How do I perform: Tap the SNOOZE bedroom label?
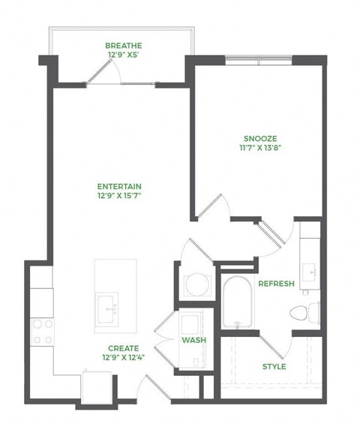coord(260,138)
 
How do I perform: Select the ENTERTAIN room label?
coord(120,187)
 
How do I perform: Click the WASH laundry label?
coord(193,340)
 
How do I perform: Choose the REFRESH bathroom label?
coord(275,284)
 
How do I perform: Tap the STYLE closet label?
coord(274,366)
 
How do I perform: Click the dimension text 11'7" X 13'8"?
coord(260,148)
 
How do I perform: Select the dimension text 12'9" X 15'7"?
coord(120,197)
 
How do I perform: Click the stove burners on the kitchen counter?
coord(41,330)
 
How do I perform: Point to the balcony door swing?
coord(103,72)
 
